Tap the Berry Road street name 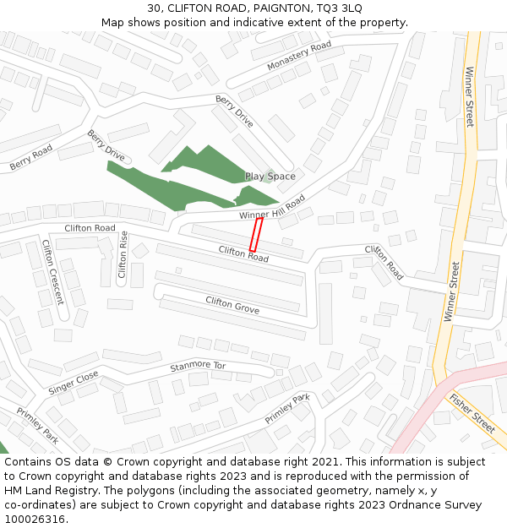point(31,158)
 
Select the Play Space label point(270,177)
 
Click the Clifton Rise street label point(123,254)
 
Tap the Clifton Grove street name point(232,306)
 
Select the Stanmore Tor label point(198,367)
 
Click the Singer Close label point(74,382)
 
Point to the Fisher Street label point(472,413)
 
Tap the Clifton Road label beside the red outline point(243,253)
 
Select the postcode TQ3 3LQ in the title point(340,8)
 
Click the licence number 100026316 point(34,520)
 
